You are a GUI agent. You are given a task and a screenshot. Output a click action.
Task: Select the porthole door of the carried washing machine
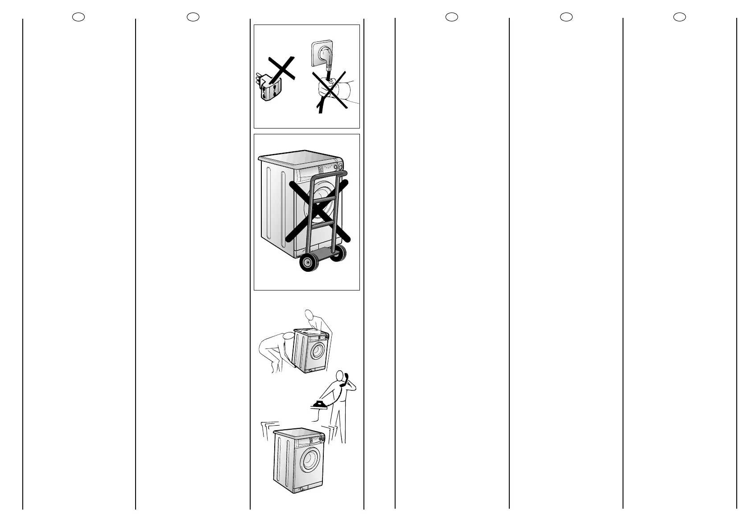pos(317,351)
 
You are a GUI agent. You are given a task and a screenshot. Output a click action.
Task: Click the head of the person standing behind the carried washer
pos(309,314)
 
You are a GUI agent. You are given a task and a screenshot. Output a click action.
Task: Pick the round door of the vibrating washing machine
pos(310,460)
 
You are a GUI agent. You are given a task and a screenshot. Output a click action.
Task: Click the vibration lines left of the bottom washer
pos(267,429)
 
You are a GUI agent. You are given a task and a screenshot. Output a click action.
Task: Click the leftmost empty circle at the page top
pos(78,17)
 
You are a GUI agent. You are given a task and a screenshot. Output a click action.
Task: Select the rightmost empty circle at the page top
pos(679,17)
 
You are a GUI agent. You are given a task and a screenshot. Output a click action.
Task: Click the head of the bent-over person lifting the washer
pos(288,339)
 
